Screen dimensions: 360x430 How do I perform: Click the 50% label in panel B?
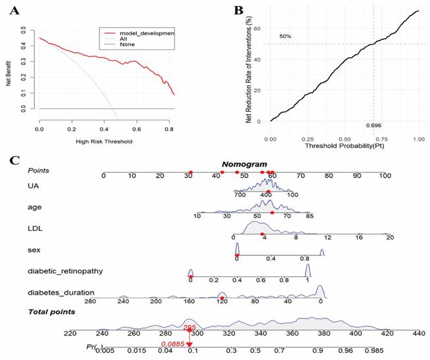click(284, 36)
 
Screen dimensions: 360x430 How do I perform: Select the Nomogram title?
click(244, 164)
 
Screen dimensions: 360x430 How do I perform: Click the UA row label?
click(32, 188)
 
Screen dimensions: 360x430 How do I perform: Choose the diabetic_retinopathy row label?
click(65, 270)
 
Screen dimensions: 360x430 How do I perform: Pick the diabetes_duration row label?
click(61, 292)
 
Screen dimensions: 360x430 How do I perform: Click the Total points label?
click(51, 311)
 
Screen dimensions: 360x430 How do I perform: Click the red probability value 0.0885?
click(173, 344)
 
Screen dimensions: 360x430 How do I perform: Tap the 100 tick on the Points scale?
click(385, 176)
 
